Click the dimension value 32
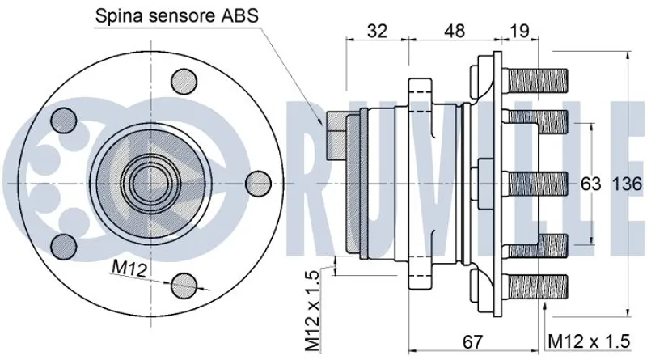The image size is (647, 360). coord(377,31)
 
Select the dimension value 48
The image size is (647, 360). coord(455,31)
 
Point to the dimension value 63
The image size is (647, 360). coord(591,184)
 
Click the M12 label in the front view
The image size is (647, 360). coord(129,269)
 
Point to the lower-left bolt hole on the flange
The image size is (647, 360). coord(63,244)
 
